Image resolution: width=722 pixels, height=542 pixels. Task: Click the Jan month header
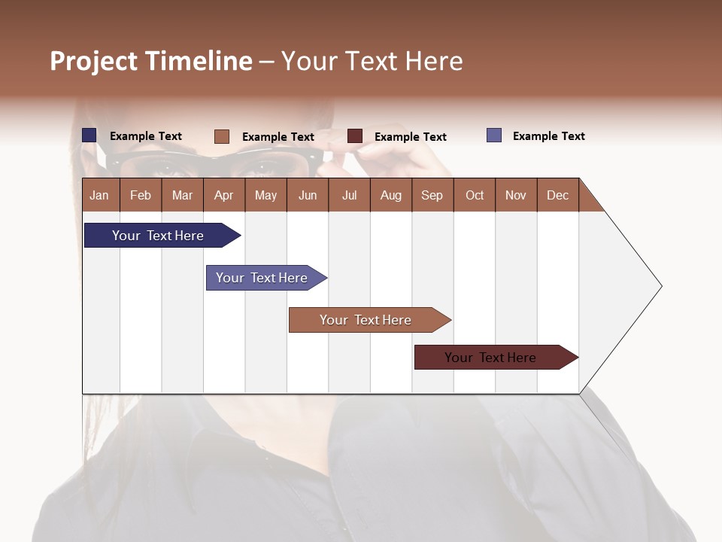99,195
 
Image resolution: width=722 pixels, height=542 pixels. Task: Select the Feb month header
141,195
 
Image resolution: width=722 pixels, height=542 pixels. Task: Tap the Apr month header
223,195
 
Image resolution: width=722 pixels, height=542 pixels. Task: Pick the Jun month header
308,195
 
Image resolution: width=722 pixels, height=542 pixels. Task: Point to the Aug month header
390,195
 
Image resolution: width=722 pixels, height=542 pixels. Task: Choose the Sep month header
432,195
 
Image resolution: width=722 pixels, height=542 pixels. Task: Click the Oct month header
475,195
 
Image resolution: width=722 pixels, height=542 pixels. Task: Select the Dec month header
557,195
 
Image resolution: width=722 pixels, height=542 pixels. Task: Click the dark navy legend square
89,135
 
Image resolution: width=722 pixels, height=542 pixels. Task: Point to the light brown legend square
221,136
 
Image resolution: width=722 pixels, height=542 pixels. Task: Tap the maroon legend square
355,136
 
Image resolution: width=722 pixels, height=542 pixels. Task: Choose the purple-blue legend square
494,135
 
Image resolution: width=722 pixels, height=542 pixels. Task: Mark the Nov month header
516,195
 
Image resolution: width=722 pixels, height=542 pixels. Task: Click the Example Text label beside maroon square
411,137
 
